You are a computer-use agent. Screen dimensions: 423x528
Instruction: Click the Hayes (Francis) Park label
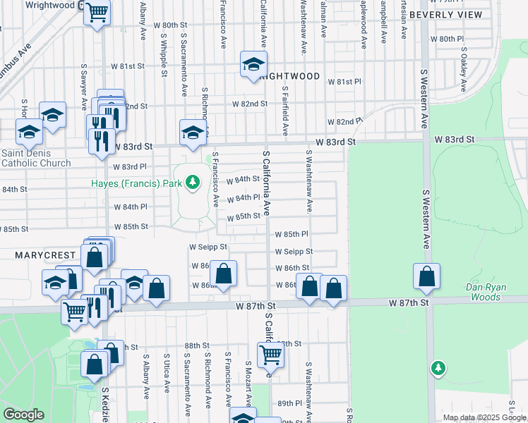(x=136, y=183)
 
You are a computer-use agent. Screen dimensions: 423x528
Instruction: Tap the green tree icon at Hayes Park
(x=191, y=183)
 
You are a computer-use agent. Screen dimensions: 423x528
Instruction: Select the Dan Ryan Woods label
(x=493, y=292)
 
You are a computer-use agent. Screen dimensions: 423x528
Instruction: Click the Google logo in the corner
(x=23, y=415)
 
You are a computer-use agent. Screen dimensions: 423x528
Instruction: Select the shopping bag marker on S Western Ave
(x=426, y=276)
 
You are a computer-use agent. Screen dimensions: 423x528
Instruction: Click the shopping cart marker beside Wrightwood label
(x=97, y=12)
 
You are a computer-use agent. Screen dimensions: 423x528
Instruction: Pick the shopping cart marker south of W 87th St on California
(x=270, y=355)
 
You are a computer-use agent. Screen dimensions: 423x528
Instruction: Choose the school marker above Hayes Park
(x=193, y=131)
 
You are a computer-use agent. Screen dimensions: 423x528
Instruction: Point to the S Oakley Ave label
(x=464, y=70)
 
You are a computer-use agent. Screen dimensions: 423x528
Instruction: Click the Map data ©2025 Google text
(x=484, y=417)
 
